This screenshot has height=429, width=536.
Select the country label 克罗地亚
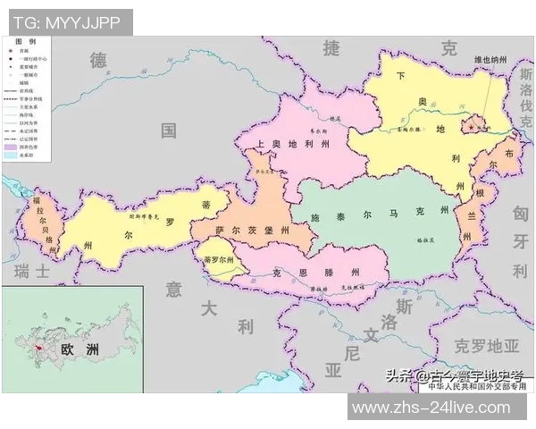pos(486,345)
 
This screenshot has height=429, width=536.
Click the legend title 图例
pos(27,42)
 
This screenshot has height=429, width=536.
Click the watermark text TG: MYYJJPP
pos(68,21)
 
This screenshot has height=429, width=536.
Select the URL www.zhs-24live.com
pos(438,408)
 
